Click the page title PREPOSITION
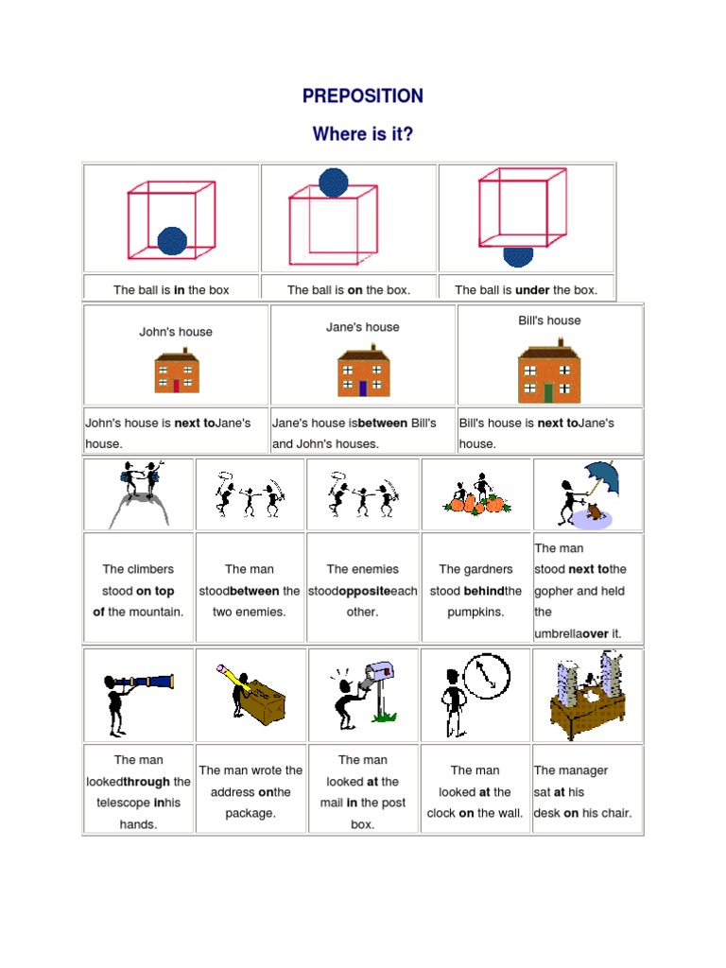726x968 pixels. [x=363, y=95]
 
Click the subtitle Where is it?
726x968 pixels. [x=363, y=134]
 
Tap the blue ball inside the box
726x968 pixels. [x=172, y=241]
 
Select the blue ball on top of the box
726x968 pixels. [x=334, y=181]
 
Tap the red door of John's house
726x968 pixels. [x=176, y=385]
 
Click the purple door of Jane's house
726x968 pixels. [x=363, y=388]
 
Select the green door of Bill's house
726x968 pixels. [x=548, y=392]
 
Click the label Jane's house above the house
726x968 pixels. [x=363, y=327]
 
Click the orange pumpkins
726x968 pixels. [x=477, y=504]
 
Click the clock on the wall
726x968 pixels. [x=487, y=676]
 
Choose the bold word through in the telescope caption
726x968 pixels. [x=148, y=782]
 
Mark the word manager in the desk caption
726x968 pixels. [x=585, y=770]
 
